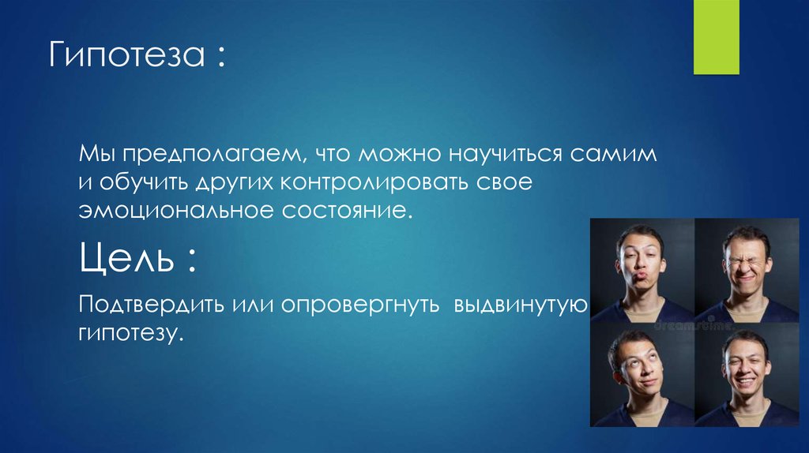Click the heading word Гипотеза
click(126, 58)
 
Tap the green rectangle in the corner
click(716, 37)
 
